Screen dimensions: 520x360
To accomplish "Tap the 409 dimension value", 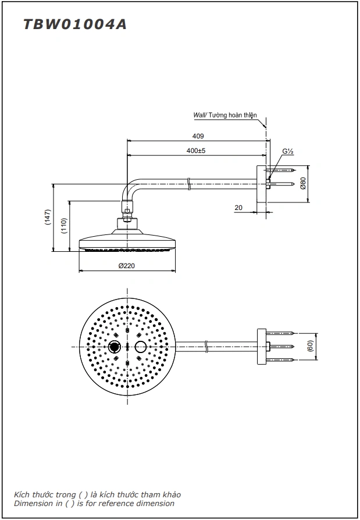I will coord(198,136).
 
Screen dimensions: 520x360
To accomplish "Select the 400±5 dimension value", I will coord(197,151).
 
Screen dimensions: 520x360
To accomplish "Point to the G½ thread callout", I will coord(287,152).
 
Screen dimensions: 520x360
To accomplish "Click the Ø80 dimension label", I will coord(303,184).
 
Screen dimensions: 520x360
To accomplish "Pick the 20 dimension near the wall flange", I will coord(238,207).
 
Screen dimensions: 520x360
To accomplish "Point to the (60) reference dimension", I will coord(312,347).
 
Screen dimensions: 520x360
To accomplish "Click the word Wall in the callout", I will coord(199,116).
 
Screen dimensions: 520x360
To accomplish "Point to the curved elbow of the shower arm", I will coord(131,189).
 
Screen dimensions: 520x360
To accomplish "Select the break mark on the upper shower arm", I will coord(190,186).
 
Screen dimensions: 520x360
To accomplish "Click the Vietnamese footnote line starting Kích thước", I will coord(97,494).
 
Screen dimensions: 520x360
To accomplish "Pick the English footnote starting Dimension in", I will coord(94,504).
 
